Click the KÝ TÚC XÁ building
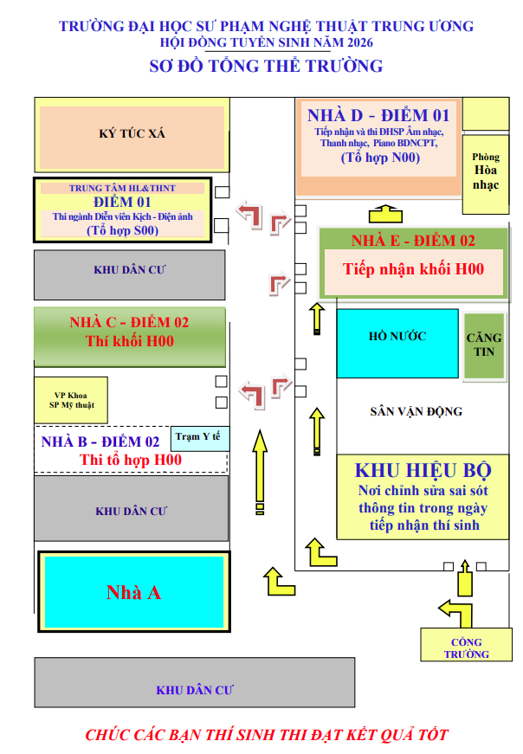click(x=132, y=135)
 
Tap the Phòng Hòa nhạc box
click(x=485, y=175)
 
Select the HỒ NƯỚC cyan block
click(x=397, y=344)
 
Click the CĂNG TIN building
click(x=484, y=345)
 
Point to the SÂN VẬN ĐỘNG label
click(x=416, y=411)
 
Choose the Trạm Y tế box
click(x=200, y=439)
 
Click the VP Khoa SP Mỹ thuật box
click(x=71, y=400)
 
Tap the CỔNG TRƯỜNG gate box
click(x=466, y=645)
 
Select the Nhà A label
click(x=133, y=592)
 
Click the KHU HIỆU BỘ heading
click(x=423, y=470)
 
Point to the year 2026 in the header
click(x=360, y=42)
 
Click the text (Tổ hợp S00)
click(x=123, y=230)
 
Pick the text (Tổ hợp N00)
click(x=380, y=158)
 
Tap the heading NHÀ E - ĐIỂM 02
click(x=413, y=241)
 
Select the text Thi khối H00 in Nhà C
click(x=129, y=341)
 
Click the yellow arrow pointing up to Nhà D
click(x=385, y=214)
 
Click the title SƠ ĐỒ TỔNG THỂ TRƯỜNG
click(x=266, y=66)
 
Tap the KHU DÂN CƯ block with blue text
click(x=195, y=682)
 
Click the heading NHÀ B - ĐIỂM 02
click(x=100, y=441)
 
